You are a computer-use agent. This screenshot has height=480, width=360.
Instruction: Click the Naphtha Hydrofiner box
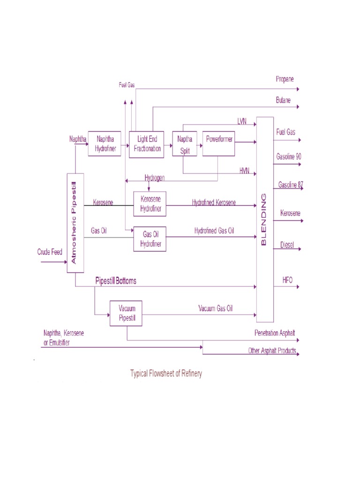(104, 143)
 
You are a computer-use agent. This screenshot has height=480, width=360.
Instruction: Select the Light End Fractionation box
(146, 144)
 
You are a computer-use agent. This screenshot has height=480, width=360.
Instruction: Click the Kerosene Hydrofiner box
(150, 204)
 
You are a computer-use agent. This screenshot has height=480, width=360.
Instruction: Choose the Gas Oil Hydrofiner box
(150, 239)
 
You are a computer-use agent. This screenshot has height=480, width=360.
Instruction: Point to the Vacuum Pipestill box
(126, 313)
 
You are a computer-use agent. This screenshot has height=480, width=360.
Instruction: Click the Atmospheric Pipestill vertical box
(75, 223)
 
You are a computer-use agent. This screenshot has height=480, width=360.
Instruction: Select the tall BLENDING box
(265, 219)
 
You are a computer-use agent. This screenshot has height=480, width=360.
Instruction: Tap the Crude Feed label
(50, 252)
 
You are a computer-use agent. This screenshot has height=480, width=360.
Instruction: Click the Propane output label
(285, 79)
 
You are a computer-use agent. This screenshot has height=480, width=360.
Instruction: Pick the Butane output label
(283, 100)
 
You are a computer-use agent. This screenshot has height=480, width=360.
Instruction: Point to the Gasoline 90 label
(289, 156)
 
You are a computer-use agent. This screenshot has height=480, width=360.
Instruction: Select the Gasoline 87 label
(291, 185)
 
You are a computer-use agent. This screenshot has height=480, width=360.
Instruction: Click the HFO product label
(287, 279)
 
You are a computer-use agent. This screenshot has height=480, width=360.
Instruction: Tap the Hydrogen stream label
(155, 178)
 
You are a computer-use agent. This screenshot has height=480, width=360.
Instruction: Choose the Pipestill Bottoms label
(116, 281)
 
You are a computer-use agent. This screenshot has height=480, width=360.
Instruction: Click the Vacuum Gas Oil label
(215, 308)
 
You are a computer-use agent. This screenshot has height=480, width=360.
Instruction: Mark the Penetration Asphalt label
(275, 333)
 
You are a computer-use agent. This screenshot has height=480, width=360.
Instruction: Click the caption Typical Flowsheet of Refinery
(166, 374)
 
